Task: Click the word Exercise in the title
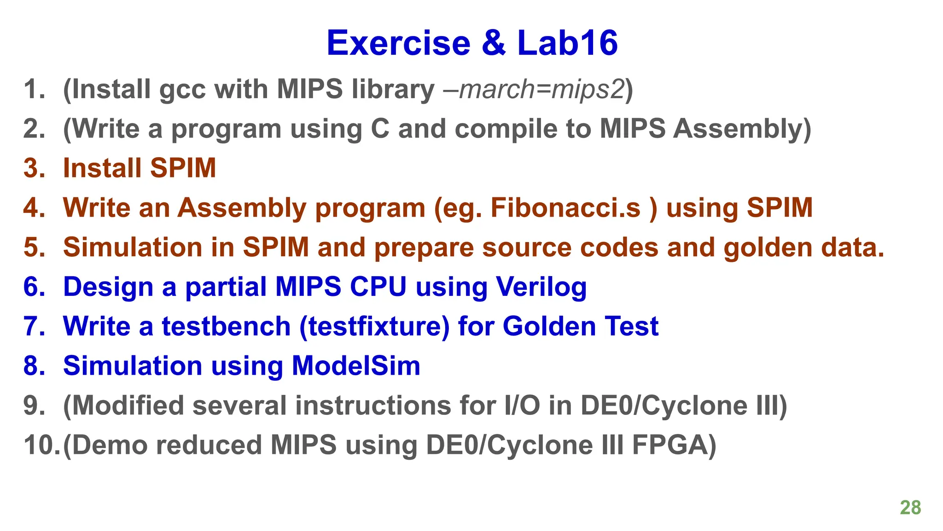(398, 43)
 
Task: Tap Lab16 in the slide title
(567, 43)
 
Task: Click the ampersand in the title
(494, 43)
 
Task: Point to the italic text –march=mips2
(534, 89)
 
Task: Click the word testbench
(226, 326)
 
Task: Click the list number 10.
(41, 445)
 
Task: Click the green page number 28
(910, 507)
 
